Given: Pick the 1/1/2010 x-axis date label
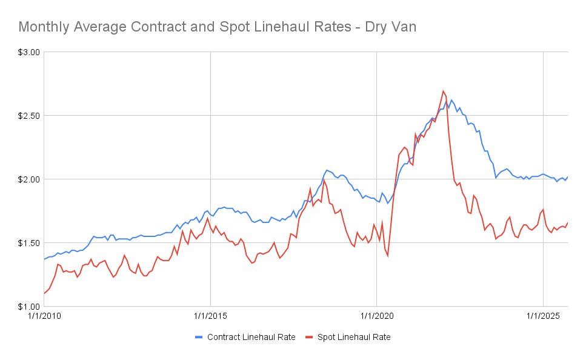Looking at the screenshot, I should pos(44,316).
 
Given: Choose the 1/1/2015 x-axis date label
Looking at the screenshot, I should pos(210,316).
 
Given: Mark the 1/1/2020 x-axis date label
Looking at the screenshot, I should pos(377,316).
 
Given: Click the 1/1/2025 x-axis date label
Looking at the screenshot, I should pos(544,316).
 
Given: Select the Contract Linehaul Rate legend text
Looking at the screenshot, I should pos(251,337).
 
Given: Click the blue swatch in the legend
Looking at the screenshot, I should pos(199,337).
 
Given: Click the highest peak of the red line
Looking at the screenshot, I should pos(443,91).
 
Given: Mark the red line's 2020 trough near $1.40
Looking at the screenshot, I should pos(388,256).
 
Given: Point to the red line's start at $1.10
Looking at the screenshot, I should pos(44,294).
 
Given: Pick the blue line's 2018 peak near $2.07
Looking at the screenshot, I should pos(327,170).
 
